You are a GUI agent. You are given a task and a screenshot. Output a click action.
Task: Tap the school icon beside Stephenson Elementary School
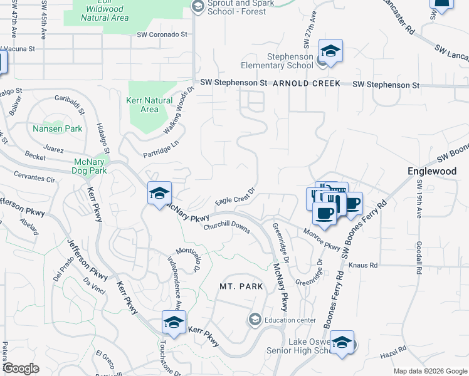[330, 51]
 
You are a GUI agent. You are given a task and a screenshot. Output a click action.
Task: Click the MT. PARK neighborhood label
[241, 286]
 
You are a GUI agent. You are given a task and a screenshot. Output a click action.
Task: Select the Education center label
[290, 320]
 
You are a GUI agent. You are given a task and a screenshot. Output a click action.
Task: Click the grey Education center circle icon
[255, 320]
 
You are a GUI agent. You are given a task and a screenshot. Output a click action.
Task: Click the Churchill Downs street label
[226, 227]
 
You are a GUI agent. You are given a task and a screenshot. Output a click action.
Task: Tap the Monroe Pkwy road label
[321, 237]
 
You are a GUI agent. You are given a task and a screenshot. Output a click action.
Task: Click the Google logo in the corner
[21, 368]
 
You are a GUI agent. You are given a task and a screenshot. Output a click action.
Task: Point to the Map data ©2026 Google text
[429, 371]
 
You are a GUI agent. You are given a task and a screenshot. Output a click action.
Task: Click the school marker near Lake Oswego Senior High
[342, 343]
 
